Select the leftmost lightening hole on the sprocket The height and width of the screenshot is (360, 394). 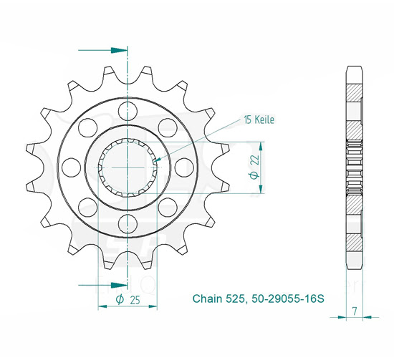click(71, 167)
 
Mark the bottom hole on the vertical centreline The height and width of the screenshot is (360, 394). click(128, 223)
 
